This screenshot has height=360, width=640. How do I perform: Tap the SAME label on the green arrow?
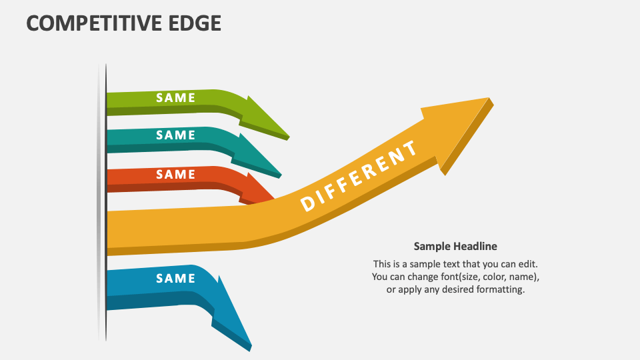[175, 97]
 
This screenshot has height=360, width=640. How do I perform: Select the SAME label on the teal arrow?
[175, 135]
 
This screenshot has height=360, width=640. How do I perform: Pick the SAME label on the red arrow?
[175, 174]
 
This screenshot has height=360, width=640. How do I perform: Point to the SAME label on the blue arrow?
[175, 278]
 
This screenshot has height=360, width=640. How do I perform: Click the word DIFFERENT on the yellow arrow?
[359, 175]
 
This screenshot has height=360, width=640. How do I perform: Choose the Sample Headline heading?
[455, 246]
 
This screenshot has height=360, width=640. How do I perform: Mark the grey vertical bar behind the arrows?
[102, 200]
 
